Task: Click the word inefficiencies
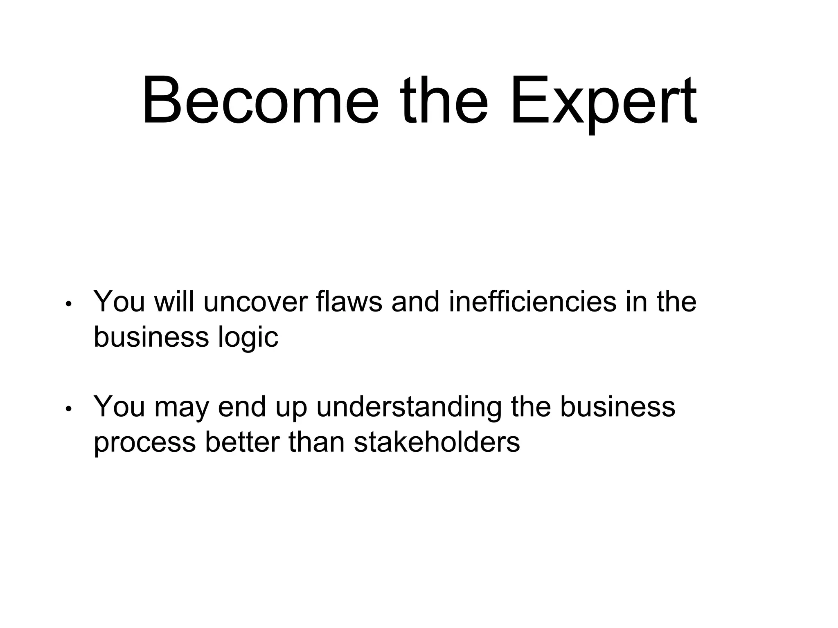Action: [532, 302]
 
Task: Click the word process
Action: [144, 443]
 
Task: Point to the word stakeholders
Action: [437, 442]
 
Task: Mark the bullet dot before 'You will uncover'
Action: [69, 305]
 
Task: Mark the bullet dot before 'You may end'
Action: [69, 409]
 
